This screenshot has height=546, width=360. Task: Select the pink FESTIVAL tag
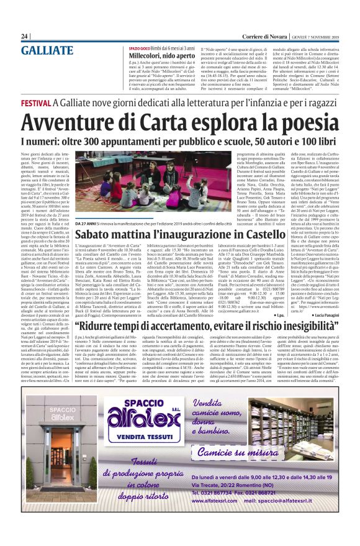coord(35,102)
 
